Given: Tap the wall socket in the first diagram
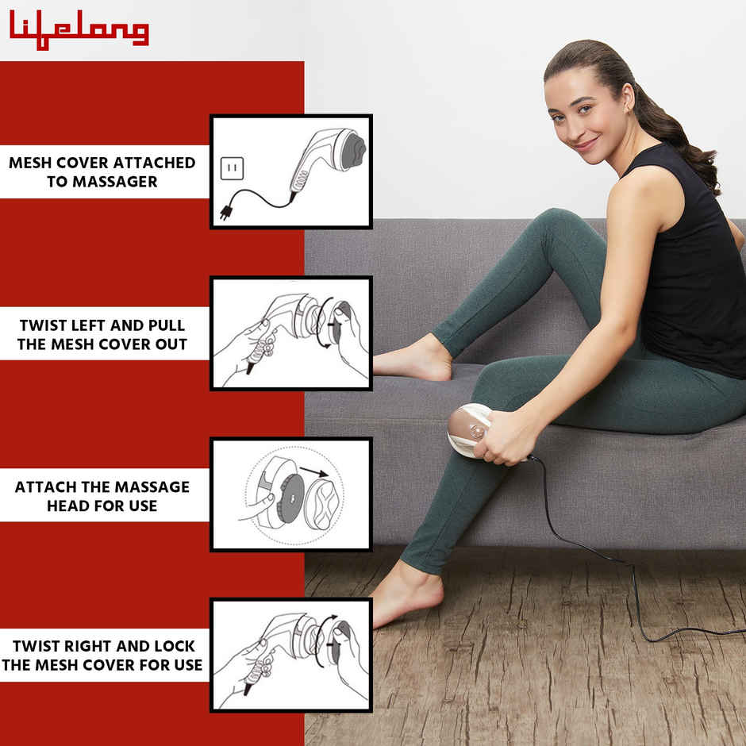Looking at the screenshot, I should tap(233, 168).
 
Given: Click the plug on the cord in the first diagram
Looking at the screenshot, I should tap(226, 212).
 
